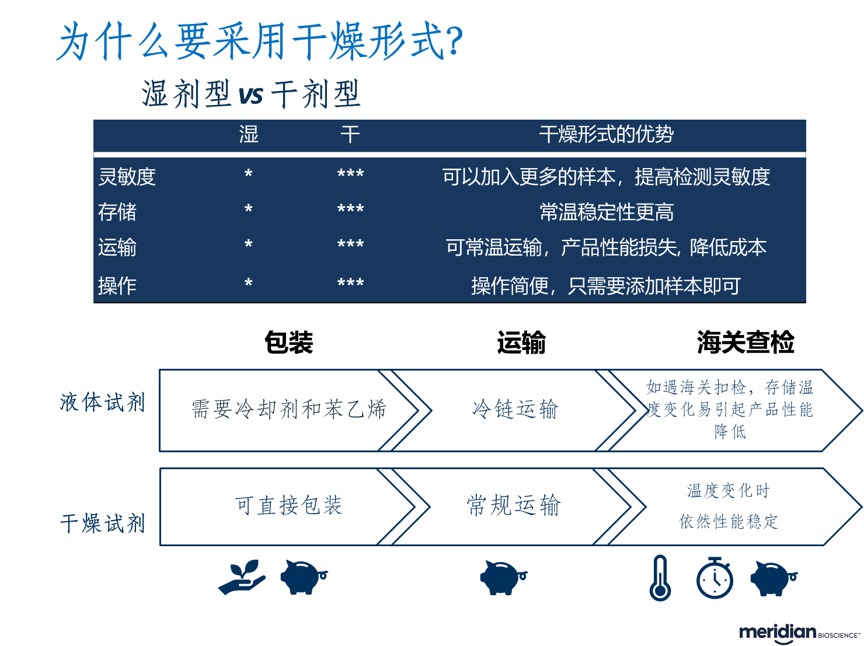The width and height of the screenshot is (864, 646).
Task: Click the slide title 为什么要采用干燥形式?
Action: click(260, 41)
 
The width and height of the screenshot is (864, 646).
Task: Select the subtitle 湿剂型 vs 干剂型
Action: click(251, 94)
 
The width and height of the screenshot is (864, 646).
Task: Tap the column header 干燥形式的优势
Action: click(606, 135)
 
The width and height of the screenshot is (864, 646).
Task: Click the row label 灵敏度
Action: click(127, 176)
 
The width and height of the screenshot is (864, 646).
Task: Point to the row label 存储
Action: click(117, 212)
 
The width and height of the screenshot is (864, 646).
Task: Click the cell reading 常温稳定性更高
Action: click(606, 212)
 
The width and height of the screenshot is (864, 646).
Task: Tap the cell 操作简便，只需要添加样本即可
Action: click(606, 286)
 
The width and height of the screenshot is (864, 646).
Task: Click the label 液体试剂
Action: click(102, 402)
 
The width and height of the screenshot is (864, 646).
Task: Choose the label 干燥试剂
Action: click(102, 523)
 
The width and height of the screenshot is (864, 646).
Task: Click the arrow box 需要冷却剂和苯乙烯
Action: click(288, 410)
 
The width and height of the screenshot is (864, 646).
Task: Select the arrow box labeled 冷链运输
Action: click(515, 410)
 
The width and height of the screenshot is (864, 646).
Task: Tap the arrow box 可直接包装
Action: click(288, 505)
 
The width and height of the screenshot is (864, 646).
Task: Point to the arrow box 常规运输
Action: click(514, 505)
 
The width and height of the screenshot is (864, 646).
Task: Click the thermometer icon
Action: click(660, 578)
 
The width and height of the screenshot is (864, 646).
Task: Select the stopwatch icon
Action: click(715, 578)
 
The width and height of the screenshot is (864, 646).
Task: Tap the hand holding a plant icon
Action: click(242, 577)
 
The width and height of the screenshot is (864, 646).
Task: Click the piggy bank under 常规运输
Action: click(502, 577)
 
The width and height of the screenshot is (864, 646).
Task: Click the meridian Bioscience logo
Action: click(800, 634)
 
